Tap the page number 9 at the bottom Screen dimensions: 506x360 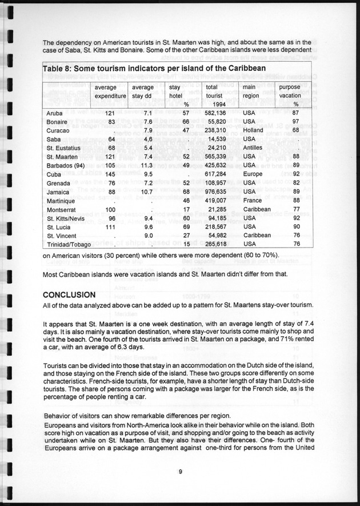tap(179, 472)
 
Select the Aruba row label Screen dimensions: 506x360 tap(54, 113)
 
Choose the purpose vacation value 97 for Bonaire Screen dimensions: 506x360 tap(295, 122)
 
